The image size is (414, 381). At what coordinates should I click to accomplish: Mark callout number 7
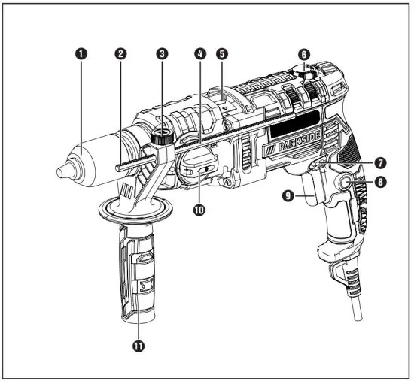coord(382,162)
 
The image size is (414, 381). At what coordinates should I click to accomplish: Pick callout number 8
coord(382,181)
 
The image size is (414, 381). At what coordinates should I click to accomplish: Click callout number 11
coord(139,346)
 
